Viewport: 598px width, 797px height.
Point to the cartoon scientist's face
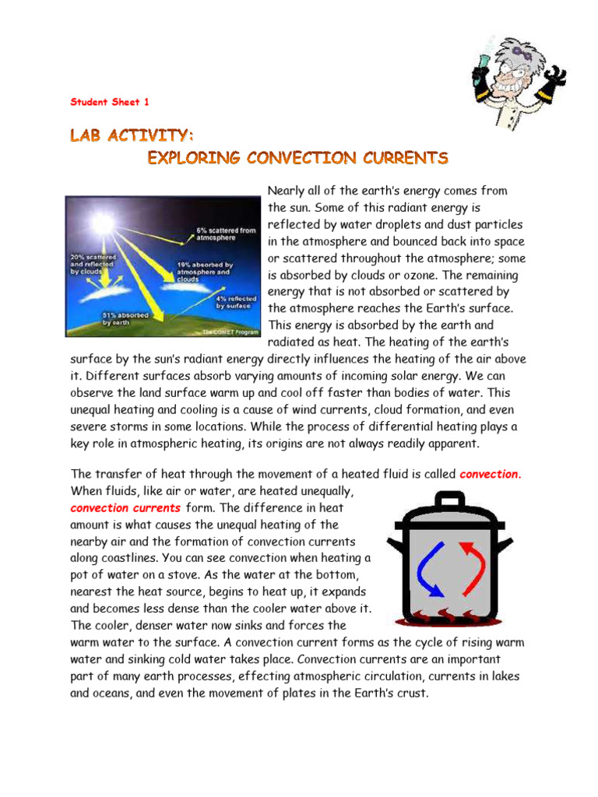[x=514, y=78]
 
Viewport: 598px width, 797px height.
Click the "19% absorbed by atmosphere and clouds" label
[x=203, y=269]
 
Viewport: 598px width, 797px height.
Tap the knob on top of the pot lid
[x=449, y=497]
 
